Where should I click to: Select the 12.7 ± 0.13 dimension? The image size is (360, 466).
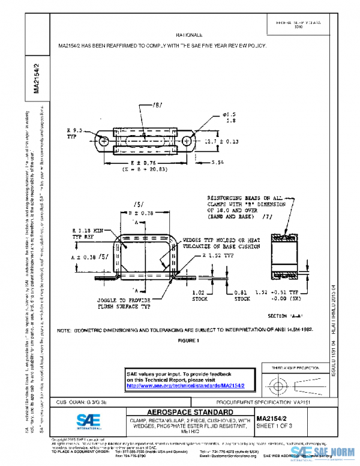click(221, 142)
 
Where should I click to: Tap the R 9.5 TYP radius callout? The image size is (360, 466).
click(76, 132)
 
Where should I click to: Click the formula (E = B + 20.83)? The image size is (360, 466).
click(128, 171)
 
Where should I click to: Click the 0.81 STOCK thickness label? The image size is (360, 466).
click(242, 295)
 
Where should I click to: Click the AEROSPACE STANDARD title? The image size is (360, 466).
click(190, 412)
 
